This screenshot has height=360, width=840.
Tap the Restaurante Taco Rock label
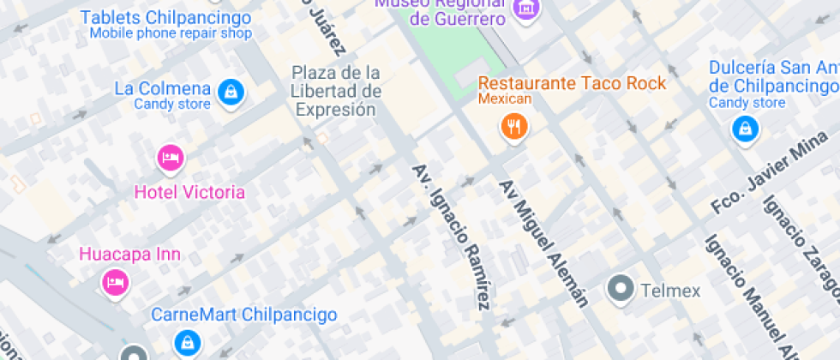click(572, 83)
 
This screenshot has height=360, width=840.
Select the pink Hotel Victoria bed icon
click(170, 158)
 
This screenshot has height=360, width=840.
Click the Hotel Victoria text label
click(189, 192)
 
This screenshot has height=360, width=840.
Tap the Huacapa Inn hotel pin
click(116, 282)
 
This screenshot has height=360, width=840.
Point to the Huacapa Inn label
click(118, 254)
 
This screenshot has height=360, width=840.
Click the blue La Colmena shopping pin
click(229, 92)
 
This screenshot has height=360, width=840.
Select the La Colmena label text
click(162, 88)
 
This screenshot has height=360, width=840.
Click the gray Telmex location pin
click(620, 290)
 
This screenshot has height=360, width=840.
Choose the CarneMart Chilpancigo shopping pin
click(185, 343)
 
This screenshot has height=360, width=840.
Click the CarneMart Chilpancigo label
click(244, 315)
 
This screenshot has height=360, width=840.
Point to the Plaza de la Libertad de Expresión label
click(335, 91)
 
